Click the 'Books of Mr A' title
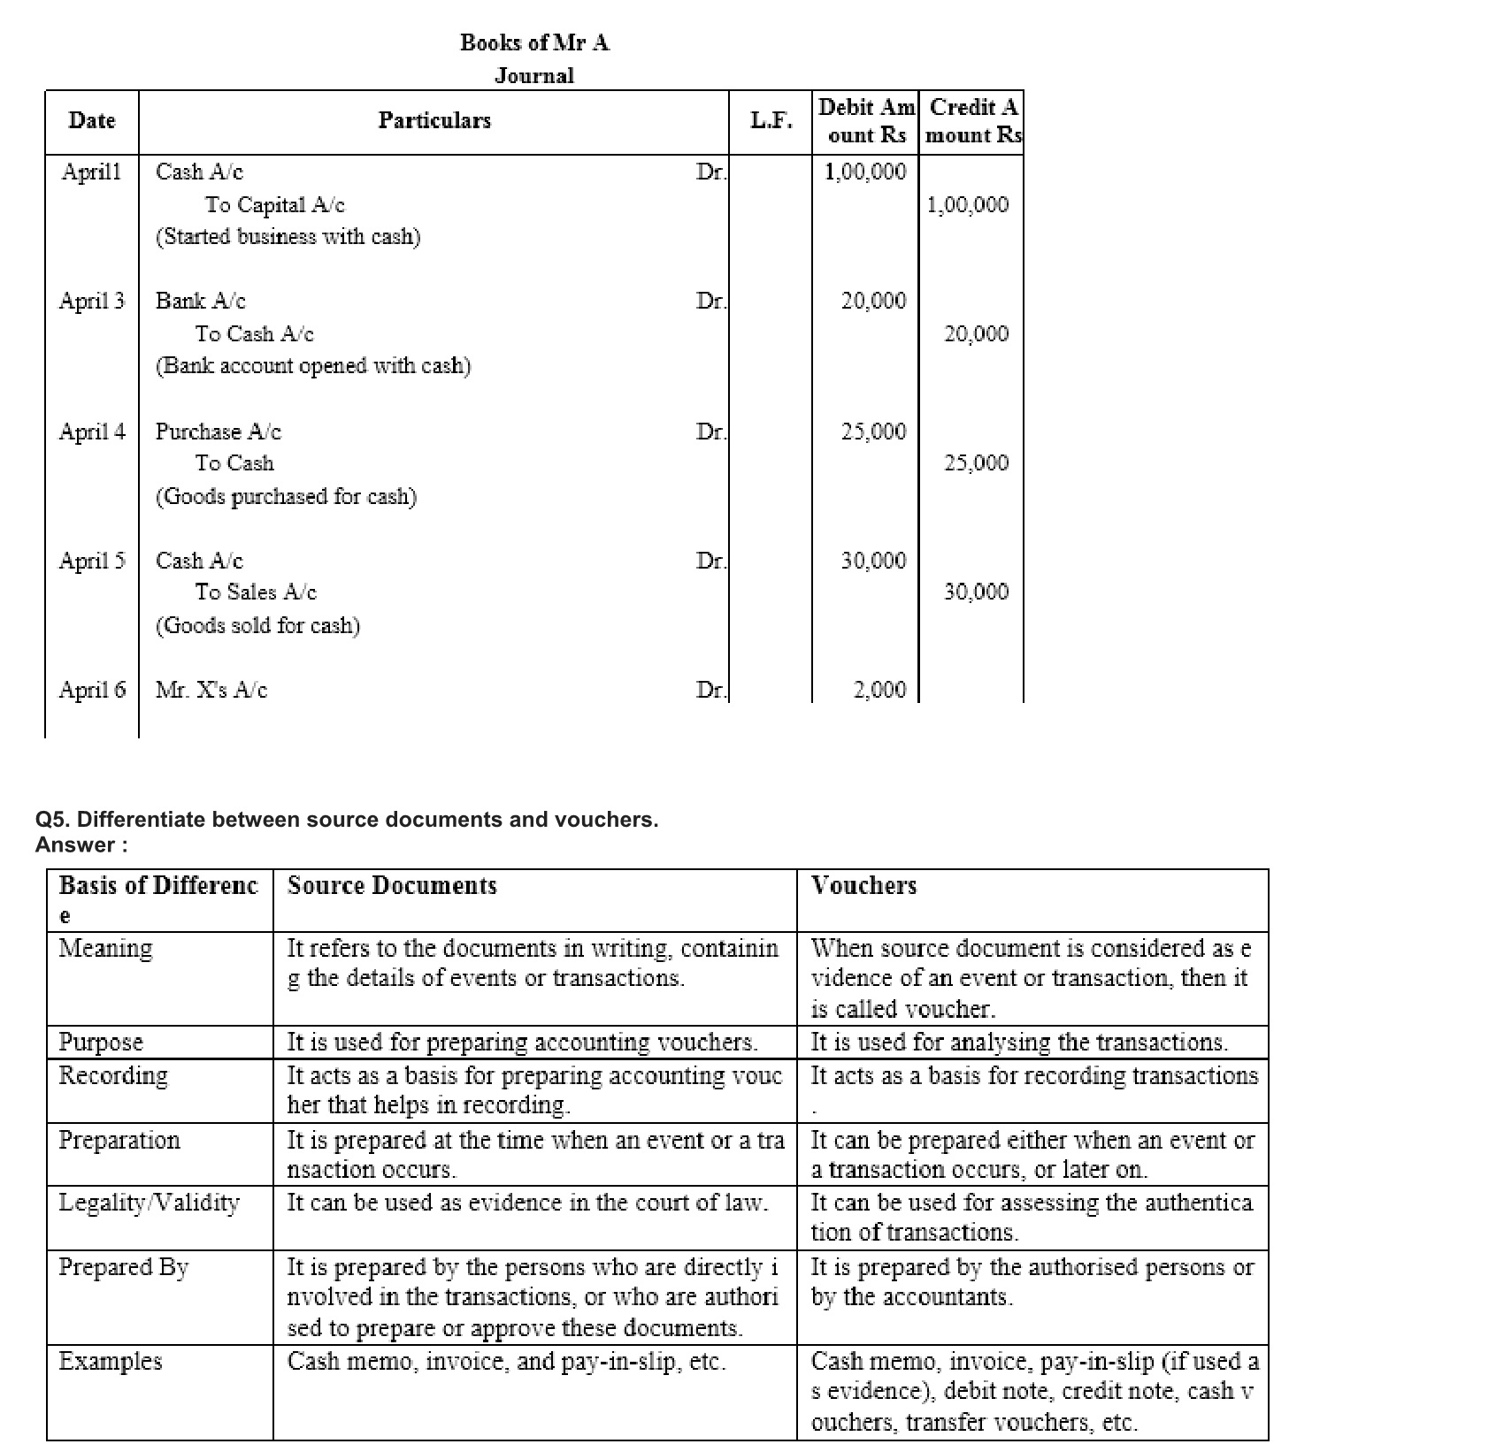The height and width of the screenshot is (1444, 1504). click(x=534, y=42)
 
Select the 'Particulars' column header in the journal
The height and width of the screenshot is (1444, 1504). click(x=434, y=120)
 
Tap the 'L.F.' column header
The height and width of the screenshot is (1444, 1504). click(x=771, y=120)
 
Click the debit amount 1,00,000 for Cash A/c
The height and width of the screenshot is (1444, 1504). click(x=865, y=172)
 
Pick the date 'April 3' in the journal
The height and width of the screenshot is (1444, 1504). click(x=92, y=301)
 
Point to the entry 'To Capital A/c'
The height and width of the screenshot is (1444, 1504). click(x=275, y=205)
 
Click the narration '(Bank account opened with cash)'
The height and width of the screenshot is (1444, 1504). click(x=313, y=366)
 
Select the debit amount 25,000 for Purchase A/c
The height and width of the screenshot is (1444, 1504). click(x=873, y=432)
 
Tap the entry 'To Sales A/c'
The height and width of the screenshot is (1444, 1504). click(x=256, y=592)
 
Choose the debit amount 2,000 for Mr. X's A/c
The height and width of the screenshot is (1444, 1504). click(x=879, y=690)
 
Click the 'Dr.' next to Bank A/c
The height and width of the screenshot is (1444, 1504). click(x=710, y=301)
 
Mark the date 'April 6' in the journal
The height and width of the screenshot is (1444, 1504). click(x=92, y=690)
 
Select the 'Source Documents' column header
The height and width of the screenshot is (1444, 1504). click(x=392, y=886)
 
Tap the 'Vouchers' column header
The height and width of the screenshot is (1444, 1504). click(x=863, y=886)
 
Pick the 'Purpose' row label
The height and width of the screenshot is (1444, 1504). click(x=101, y=1043)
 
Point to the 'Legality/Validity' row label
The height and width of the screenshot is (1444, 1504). click(x=149, y=1203)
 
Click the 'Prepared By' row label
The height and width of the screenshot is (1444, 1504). click(x=124, y=1268)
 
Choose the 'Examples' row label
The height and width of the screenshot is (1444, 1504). click(x=111, y=1362)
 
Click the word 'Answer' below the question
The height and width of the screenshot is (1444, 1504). click(x=75, y=845)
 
